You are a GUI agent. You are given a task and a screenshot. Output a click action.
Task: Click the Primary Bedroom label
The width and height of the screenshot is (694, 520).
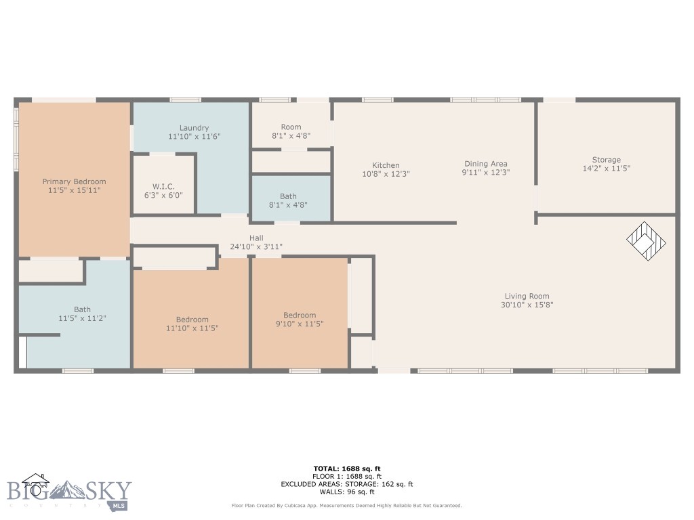click(74, 181)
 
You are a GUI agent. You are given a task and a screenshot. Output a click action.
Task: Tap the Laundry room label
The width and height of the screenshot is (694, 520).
click(194, 128)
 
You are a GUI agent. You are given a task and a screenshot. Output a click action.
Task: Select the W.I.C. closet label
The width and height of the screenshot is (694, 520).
click(164, 186)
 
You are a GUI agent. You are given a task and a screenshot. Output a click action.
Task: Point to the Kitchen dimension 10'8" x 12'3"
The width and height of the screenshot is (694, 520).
click(386, 174)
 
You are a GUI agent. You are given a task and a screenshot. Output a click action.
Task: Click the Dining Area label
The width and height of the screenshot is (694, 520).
click(485, 164)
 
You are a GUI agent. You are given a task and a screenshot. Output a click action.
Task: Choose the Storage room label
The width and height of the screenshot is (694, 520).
click(606, 160)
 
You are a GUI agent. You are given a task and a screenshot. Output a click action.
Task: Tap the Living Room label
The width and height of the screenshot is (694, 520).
click(527, 296)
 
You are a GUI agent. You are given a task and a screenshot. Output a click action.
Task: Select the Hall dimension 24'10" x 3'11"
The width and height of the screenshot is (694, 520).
click(256, 247)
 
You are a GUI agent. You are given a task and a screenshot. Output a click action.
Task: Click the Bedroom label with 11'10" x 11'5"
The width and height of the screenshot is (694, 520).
click(192, 320)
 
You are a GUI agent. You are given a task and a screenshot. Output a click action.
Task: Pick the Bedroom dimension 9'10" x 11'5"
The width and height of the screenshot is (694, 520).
click(299, 324)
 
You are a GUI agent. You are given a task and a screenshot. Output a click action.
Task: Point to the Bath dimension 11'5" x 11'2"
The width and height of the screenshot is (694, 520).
click(82, 318)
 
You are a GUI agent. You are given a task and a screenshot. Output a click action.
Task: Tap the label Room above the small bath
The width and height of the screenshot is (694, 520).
click(291, 127)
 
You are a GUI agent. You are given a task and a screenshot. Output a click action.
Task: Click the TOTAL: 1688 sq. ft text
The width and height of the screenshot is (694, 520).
click(346, 469)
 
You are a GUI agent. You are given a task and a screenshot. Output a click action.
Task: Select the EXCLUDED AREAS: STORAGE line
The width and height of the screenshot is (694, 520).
click(346, 484)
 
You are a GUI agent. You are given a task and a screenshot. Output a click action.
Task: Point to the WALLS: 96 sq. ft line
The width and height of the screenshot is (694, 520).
click(346, 492)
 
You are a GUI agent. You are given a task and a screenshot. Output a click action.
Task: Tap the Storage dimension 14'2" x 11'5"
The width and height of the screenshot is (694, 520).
click(606, 169)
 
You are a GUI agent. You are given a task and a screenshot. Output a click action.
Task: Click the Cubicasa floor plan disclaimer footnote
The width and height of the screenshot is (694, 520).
click(346, 506)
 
